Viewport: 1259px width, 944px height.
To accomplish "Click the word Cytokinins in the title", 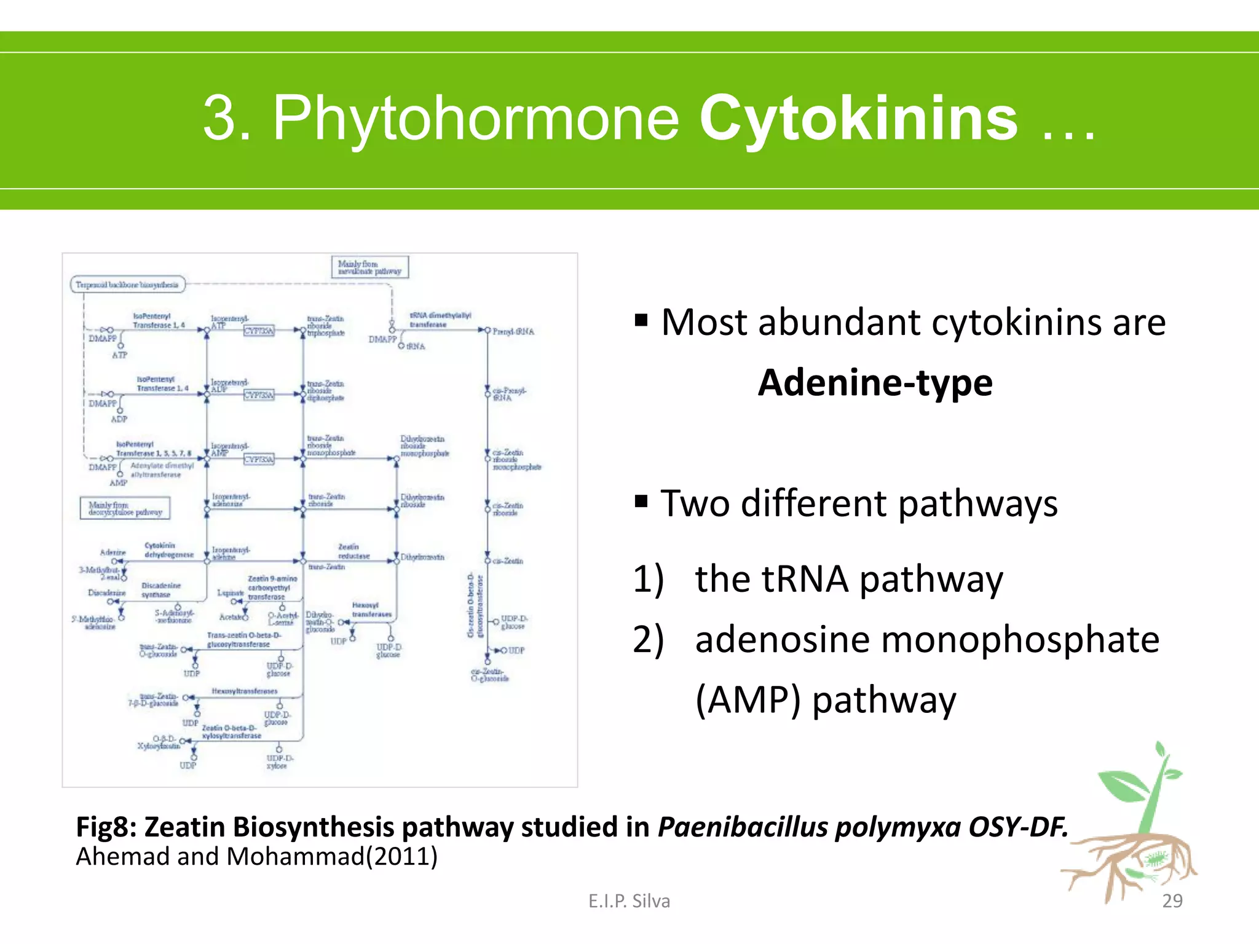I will pyautogui.click(x=858, y=118).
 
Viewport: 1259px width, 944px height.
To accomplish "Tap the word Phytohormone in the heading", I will pyautogui.click(x=476, y=118).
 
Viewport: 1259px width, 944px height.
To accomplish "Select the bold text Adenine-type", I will pyautogui.click(x=875, y=382).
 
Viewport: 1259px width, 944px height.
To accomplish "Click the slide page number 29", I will pyautogui.click(x=1172, y=900).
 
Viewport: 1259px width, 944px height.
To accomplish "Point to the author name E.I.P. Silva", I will pyautogui.click(x=629, y=900).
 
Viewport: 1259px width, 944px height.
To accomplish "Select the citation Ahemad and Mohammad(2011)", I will pyautogui.click(x=256, y=856).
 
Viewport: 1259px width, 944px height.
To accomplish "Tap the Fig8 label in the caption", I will pyautogui.click(x=106, y=827).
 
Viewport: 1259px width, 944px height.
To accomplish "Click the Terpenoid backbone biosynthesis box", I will pyautogui.click(x=127, y=285).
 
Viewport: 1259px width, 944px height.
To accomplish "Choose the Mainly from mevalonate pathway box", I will pyautogui.click(x=369, y=267).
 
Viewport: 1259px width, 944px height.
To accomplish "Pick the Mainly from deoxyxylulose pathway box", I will pyautogui.click(x=125, y=508).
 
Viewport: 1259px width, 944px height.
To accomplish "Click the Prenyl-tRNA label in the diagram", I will pyautogui.click(x=513, y=331).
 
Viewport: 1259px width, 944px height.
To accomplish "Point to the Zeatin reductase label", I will pyautogui.click(x=353, y=551).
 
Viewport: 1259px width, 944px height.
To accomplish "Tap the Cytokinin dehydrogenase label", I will pyautogui.click(x=168, y=550).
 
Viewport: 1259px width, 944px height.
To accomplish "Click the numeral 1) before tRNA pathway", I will pyautogui.click(x=649, y=579).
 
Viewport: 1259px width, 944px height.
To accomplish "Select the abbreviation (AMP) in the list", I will pyautogui.click(x=748, y=699).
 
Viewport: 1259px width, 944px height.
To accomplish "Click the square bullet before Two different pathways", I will pyautogui.click(x=641, y=502).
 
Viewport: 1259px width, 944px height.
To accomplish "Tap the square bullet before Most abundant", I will pyautogui.click(x=641, y=320).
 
